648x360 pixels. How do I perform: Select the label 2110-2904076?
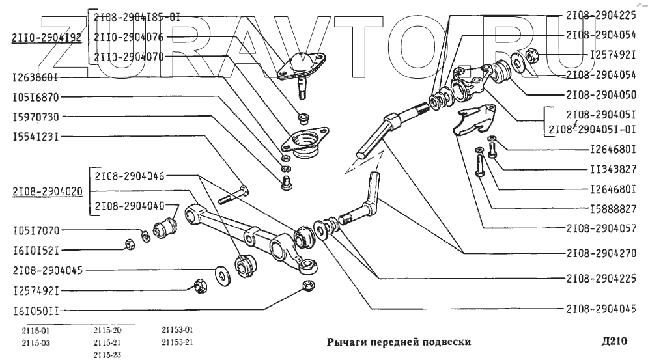(128, 37)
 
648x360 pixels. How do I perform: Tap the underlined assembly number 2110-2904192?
(46, 37)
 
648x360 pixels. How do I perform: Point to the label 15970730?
(36, 117)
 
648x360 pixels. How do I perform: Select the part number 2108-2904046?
(129, 176)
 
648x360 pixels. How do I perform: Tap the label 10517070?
(36, 230)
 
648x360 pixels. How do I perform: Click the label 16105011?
(36, 311)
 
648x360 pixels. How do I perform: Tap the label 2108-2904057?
(601, 229)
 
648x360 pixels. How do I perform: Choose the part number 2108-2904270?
(601, 251)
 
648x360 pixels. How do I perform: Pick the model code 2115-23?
(107, 354)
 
